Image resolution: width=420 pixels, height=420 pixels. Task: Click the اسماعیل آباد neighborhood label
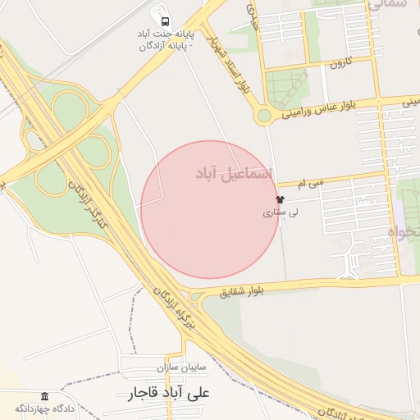[x=233, y=173]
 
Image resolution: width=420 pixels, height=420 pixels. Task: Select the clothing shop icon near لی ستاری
[x=280, y=199]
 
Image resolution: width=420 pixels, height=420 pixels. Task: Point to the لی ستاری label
[x=281, y=212]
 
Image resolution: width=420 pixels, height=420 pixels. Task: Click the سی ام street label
[x=312, y=185]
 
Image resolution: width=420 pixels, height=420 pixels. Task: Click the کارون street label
[x=340, y=62]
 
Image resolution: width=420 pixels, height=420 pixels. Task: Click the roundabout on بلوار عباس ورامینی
[x=263, y=116]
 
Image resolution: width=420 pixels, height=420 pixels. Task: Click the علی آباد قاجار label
[x=168, y=393]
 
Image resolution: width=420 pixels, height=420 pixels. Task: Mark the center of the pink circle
[x=210, y=210]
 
